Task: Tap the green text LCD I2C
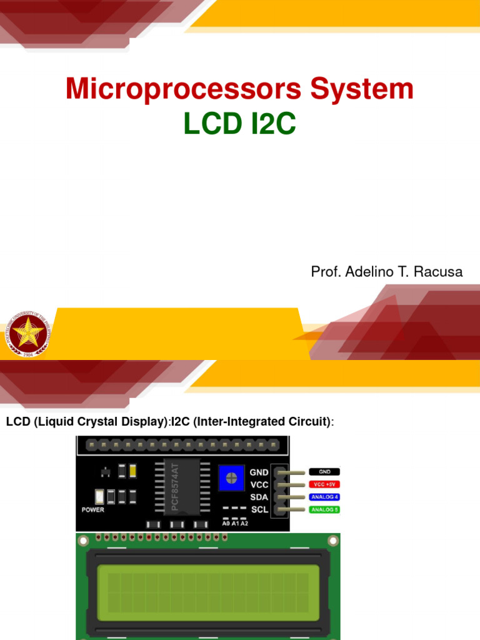[x=239, y=124]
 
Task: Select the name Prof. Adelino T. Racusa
[x=387, y=272]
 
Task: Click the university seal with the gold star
[x=27, y=332]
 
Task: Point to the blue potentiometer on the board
[x=231, y=479]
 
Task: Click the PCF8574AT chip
[x=180, y=486]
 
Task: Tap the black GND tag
[x=324, y=472]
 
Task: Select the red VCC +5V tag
[x=324, y=484]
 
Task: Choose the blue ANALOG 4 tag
[x=324, y=497]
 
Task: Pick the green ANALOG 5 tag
[x=324, y=509]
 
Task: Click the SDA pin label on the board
[x=259, y=497]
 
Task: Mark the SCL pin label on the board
[x=259, y=509]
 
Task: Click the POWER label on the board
[x=93, y=509]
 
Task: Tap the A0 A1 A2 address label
[x=235, y=523]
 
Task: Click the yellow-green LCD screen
[x=208, y=589]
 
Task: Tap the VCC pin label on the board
[x=259, y=484]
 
